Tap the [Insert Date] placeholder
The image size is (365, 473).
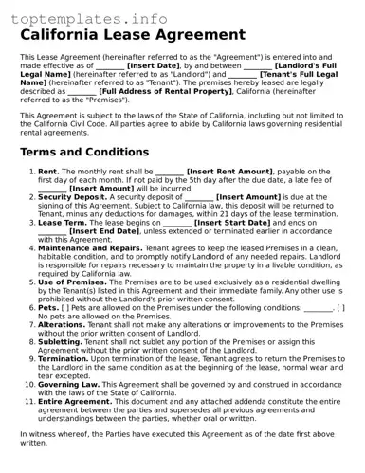coord(154,65)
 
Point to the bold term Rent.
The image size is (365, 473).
coord(48,172)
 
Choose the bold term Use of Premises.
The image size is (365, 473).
coord(74,282)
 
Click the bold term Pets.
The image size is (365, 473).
coord(48,307)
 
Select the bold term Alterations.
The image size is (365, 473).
coord(63,323)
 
